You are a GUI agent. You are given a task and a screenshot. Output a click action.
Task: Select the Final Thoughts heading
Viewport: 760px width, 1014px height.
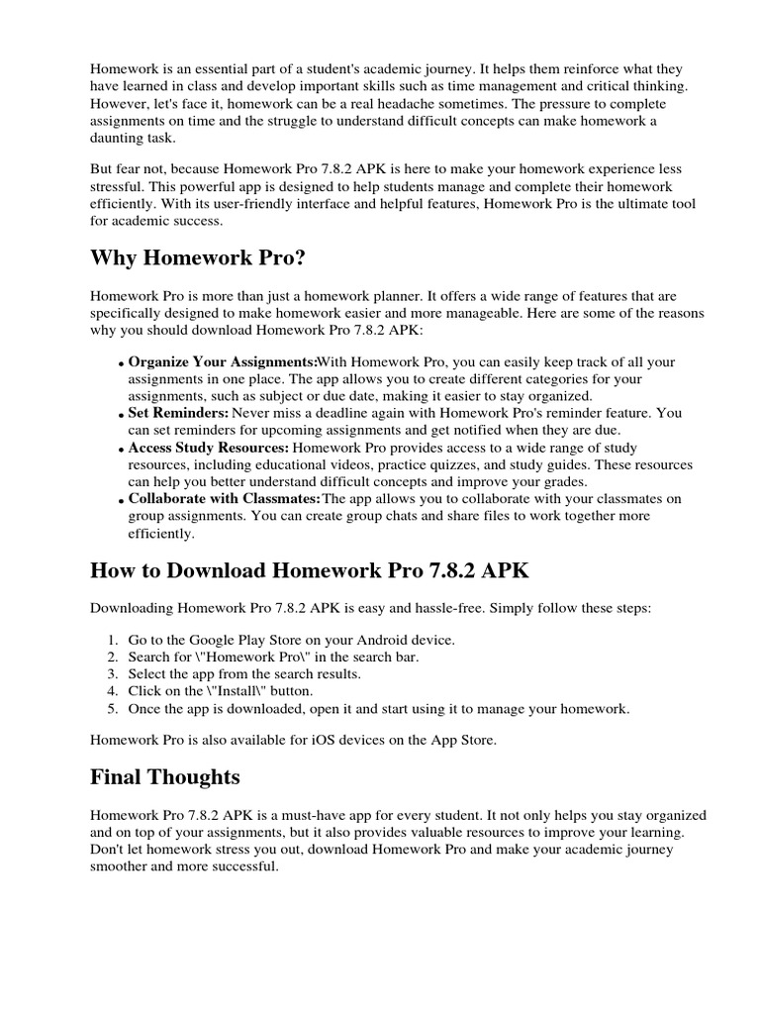(x=164, y=776)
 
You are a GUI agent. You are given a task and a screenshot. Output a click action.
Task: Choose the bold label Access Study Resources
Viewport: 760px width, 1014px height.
(x=209, y=448)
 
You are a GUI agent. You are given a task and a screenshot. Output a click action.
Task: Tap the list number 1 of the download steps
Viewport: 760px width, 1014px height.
(x=112, y=640)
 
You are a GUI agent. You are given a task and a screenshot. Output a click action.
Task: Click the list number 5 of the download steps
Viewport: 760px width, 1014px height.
(x=112, y=708)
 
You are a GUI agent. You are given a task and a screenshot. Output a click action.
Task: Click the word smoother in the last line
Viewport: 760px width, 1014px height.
(x=122, y=865)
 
